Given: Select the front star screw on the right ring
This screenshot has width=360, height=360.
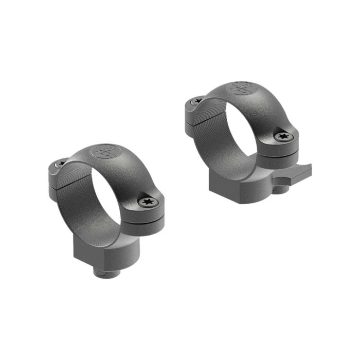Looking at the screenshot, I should tap(282, 137).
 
